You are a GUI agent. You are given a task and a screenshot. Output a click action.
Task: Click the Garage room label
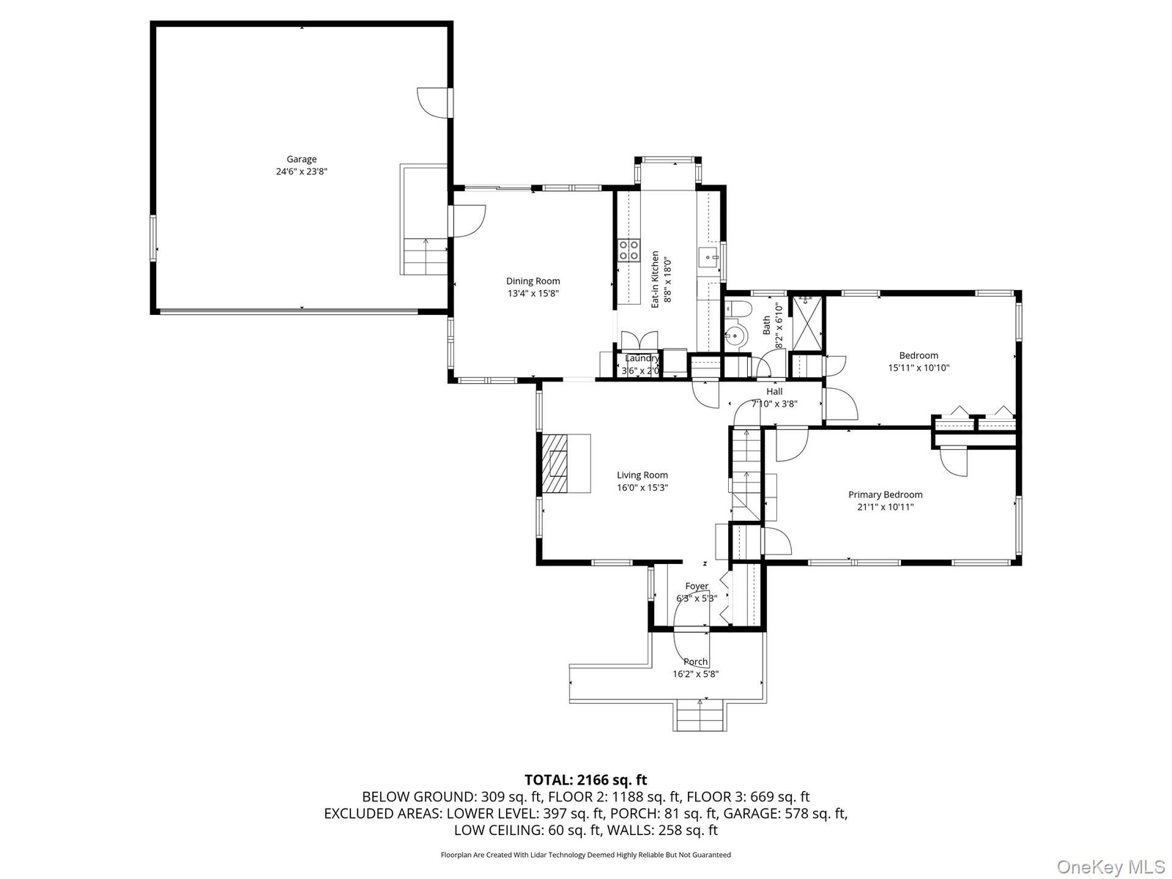[301, 159]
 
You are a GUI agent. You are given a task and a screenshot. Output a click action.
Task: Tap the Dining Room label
[533, 281]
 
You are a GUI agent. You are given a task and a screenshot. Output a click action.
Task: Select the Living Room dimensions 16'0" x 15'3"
[642, 487]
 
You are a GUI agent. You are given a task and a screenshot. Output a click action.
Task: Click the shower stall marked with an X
[806, 324]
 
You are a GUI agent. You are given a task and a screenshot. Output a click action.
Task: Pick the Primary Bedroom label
[886, 494]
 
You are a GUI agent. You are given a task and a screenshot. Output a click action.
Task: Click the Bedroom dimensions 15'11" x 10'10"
[919, 368]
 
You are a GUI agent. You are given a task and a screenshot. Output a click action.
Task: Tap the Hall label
[774, 392]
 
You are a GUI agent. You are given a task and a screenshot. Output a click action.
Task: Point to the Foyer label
[697, 586]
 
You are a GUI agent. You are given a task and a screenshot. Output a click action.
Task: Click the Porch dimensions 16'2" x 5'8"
[695, 674]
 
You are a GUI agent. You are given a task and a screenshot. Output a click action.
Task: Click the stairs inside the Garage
[426, 256]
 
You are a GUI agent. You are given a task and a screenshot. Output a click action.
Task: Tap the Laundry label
[642, 358]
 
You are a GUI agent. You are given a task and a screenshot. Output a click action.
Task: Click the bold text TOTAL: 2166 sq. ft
[586, 779]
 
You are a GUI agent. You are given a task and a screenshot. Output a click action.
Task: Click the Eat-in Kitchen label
[655, 279]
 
